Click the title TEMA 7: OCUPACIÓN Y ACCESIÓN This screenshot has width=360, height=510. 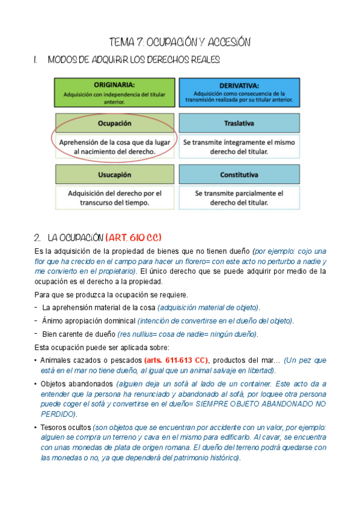(180, 42)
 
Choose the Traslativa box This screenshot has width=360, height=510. (239, 123)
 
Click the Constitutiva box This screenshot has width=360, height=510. (239, 175)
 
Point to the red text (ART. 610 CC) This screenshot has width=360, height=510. (133, 237)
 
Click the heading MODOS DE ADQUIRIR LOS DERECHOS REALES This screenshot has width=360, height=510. (133, 60)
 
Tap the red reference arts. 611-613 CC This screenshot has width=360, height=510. (176, 360)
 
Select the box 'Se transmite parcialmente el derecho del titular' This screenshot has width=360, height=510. (239, 198)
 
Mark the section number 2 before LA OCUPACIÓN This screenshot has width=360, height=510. (37, 237)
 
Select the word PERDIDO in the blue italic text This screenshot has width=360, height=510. (58, 414)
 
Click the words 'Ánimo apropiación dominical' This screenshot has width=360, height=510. (89, 321)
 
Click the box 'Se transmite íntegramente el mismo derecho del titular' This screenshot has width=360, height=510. (239, 147)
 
